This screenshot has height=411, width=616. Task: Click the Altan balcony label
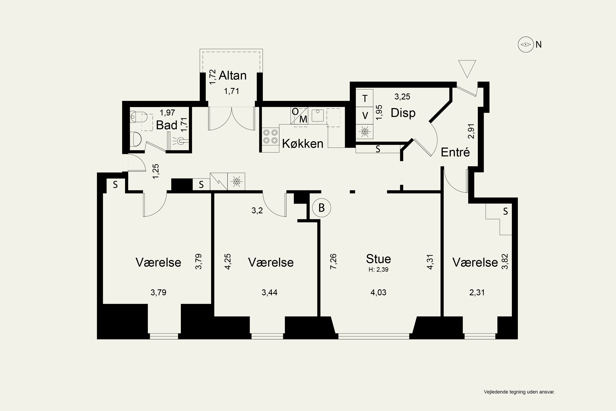(x=233, y=75)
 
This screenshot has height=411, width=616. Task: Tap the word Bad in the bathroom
(x=167, y=125)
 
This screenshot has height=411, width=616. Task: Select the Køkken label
(x=302, y=144)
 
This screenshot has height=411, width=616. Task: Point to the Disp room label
(x=403, y=113)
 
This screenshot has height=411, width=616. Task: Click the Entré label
(x=455, y=152)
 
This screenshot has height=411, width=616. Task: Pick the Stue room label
(x=378, y=259)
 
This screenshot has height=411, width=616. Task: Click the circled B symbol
(x=322, y=208)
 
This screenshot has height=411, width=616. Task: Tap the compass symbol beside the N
(x=526, y=45)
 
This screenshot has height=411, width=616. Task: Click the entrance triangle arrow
(x=467, y=69)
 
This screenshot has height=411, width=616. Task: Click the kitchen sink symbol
(x=318, y=115)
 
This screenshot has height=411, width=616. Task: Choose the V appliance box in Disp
(x=365, y=115)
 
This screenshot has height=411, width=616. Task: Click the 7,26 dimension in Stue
(x=333, y=261)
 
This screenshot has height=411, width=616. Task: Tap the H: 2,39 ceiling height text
(x=378, y=269)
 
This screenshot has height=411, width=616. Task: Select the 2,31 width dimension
(x=477, y=292)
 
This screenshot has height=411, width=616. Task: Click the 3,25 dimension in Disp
(x=402, y=97)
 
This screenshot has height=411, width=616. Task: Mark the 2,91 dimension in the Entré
(x=471, y=131)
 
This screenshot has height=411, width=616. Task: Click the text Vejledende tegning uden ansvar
(x=519, y=399)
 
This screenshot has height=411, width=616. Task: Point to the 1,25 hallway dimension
(x=156, y=171)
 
